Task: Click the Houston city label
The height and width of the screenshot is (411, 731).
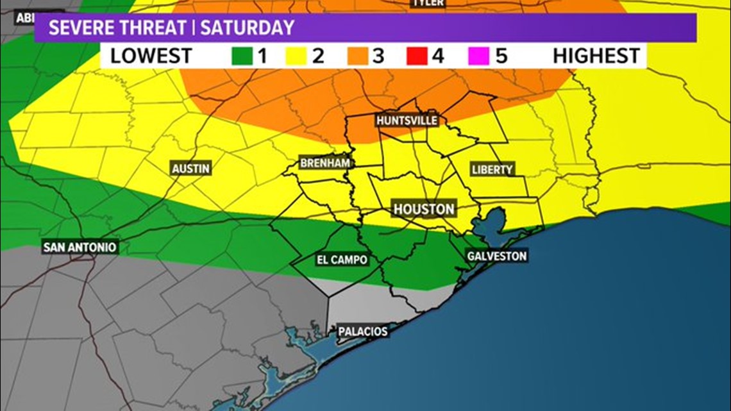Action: pyautogui.click(x=424, y=209)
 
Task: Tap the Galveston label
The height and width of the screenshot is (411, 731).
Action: pyautogui.click(x=497, y=256)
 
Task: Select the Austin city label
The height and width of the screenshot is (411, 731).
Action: pyautogui.click(x=191, y=169)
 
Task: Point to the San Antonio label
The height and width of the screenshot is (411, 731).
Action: pyautogui.click(x=80, y=247)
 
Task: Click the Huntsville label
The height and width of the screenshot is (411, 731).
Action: pyautogui.click(x=407, y=121)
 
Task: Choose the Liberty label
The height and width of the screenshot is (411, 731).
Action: pyautogui.click(x=492, y=169)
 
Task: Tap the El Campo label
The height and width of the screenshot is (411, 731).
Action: pyautogui.click(x=342, y=260)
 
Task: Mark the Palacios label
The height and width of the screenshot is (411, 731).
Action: pyautogui.click(x=363, y=331)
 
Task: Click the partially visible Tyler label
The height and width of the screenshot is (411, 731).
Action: pyautogui.click(x=428, y=3)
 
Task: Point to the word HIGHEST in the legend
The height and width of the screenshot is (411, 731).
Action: pyautogui.click(x=596, y=56)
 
